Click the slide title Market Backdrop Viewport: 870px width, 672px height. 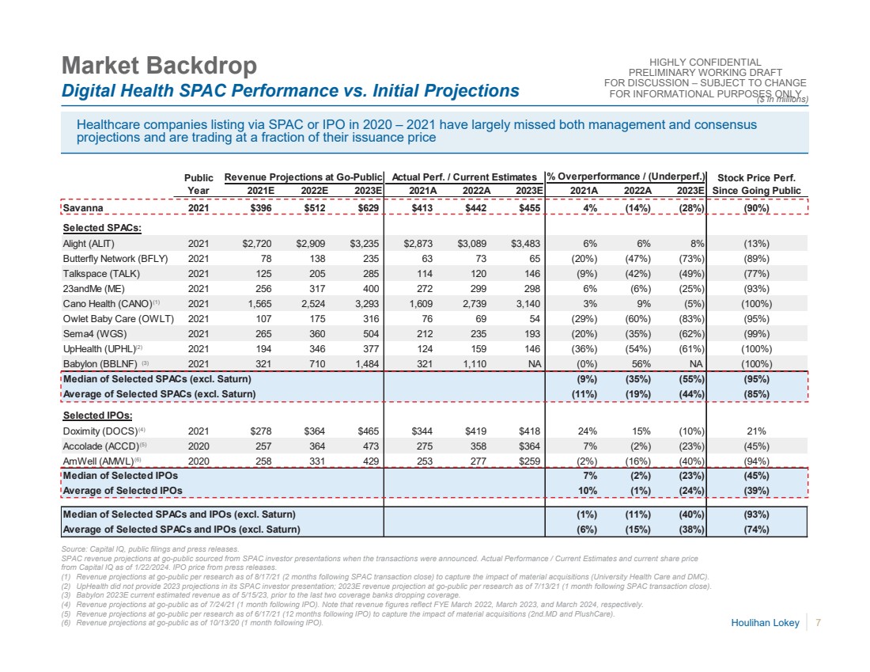click(159, 65)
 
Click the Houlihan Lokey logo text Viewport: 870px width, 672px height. click(766, 625)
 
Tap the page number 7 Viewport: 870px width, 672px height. click(819, 625)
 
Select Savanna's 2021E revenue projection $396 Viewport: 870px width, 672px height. click(259, 207)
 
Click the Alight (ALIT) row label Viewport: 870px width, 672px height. click(92, 244)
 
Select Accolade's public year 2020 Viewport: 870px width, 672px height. click(199, 446)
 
